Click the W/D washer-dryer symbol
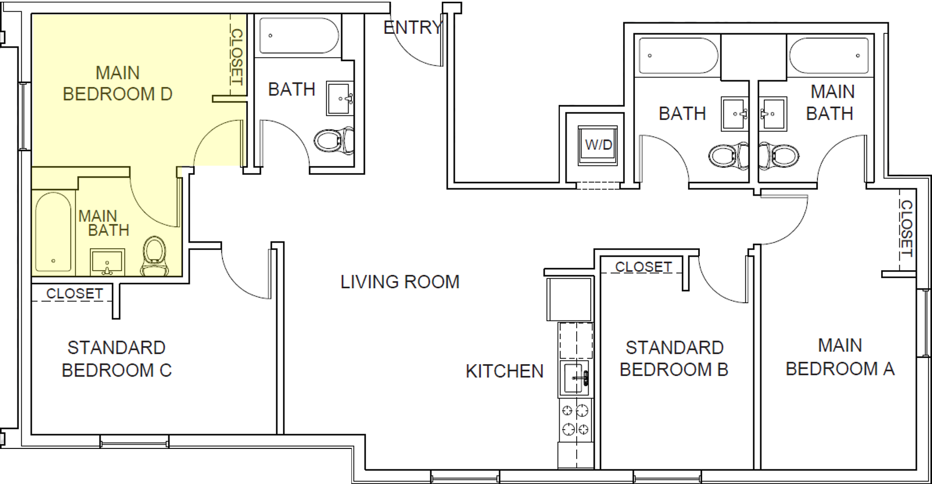click(x=598, y=145)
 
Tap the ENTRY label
click(x=412, y=27)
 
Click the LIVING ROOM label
click(x=400, y=282)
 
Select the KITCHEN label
click(x=504, y=371)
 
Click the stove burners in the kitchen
click(x=576, y=420)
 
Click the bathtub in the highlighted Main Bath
click(x=53, y=232)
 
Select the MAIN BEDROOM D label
click(x=117, y=83)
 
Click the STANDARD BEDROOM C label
click(x=116, y=358)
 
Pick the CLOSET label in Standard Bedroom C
click(x=75, y=293)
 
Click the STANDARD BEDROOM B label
click(x=674, y=358)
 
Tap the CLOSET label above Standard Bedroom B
click(x=643, y=266)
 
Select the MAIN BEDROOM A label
click(x=840, y=357)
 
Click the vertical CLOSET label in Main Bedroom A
click(x=906, y=228)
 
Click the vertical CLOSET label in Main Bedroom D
click(x=237, y=57)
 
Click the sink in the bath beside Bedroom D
click(x=340, y=99)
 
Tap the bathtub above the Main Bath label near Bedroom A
click(x=829, y=56)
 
